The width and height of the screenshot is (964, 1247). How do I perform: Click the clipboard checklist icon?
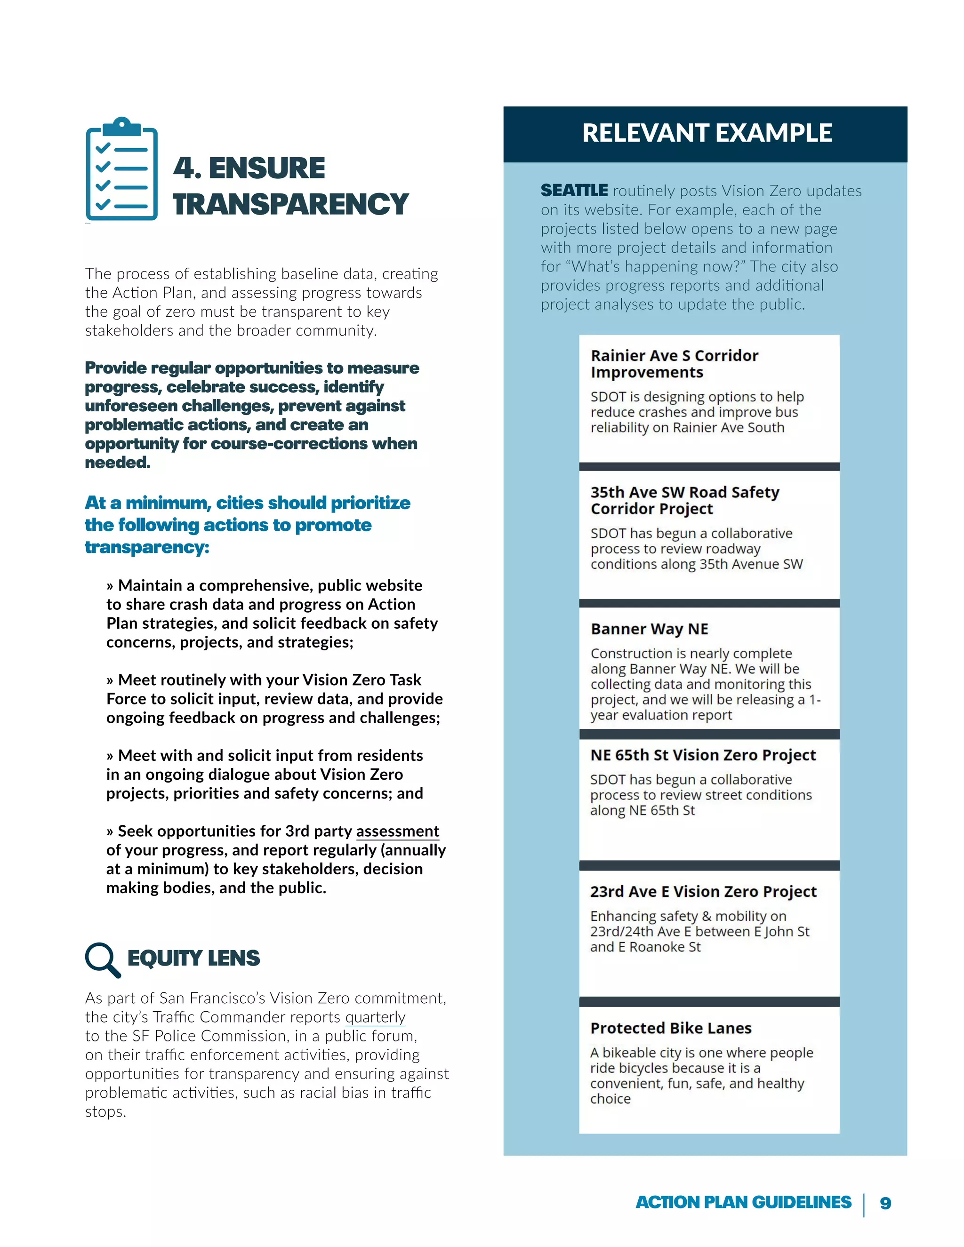[x=121, y=169]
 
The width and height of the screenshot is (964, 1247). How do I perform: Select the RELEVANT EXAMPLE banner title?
[x=707, y=133]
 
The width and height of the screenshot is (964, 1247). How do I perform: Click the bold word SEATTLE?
[x=574, y=191]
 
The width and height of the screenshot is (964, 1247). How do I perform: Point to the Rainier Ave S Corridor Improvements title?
[x=674, y=364]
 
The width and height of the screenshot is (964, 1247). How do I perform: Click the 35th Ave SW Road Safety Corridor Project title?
[x=684, y=500]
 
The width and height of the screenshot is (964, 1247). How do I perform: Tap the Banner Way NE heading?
[x=649, y=629]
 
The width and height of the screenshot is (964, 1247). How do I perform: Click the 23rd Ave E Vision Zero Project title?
[x=703, y=891]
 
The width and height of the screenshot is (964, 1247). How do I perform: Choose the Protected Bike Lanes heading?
[x=670, y=1028]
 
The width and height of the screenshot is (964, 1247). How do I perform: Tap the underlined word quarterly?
[x=375, y=1017]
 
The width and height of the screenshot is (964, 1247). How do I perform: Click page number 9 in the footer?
[x=885, y=1203]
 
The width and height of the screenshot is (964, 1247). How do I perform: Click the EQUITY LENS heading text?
[x=193, y=958]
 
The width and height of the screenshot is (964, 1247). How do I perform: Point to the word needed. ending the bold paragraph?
[x=118, y=463]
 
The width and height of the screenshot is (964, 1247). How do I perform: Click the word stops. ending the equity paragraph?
[x=105, y=1111]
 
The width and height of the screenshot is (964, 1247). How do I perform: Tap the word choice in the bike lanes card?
[x=610, y=1099]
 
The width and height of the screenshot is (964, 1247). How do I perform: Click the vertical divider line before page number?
[x=864, y=1205]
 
